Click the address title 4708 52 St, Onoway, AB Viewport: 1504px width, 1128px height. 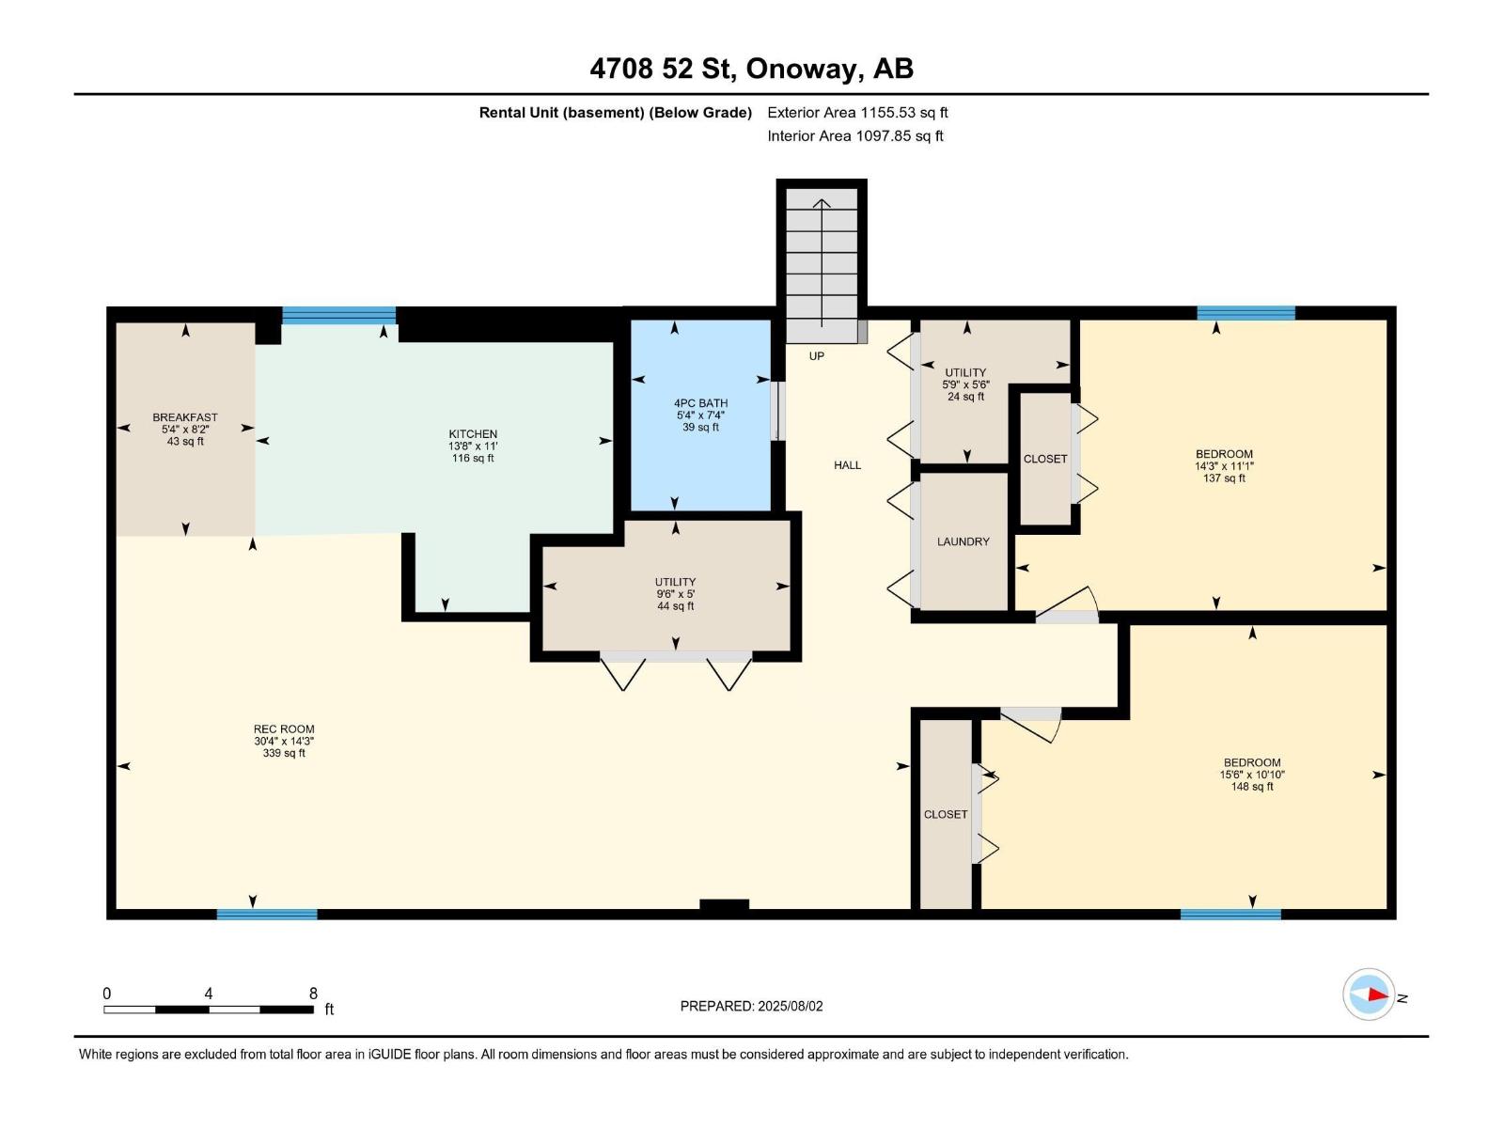[x=752, y=69]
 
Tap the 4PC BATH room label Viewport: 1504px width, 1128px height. [x=700, y=403]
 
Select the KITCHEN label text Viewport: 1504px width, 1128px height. [x=473, y=433]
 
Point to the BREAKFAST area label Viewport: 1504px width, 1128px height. [x=185, y=417]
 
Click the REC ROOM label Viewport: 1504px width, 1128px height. [x=284, y=728]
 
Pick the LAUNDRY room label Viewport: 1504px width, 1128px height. [x=963, y=541]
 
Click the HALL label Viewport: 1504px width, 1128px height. [x=848, y=465]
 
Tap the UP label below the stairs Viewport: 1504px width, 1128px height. [x=817, y=356]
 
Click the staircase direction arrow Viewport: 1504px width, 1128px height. [x=822, y=263]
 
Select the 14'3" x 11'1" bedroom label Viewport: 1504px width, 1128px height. [x=1225, y=465]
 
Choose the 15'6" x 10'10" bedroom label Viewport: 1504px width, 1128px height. [x=1252, y=775]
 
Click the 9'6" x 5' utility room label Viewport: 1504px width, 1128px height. [x=676, y=594]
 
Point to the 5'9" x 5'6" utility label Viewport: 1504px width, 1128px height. [x=965, y=384]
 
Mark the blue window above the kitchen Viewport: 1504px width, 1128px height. [x=339, y=315]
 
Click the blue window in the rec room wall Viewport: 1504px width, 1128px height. [x=267, y=915]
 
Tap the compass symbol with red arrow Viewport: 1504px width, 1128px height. [x=1369, y=995]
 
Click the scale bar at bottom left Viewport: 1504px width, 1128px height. [x=209, y=1010]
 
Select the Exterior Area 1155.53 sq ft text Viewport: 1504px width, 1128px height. [x=857, y=112]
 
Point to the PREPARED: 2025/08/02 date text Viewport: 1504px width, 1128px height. [x=752, y=1006]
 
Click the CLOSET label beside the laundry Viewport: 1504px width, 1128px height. [x=1045, y=459]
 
